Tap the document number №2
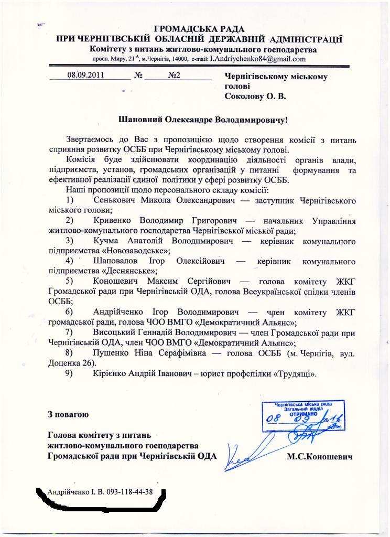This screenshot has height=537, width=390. pos(174,75)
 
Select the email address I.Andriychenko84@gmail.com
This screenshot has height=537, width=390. pos(257,59)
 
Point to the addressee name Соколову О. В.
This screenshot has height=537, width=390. pos(255,96)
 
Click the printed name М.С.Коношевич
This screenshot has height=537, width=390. pos(319,457)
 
